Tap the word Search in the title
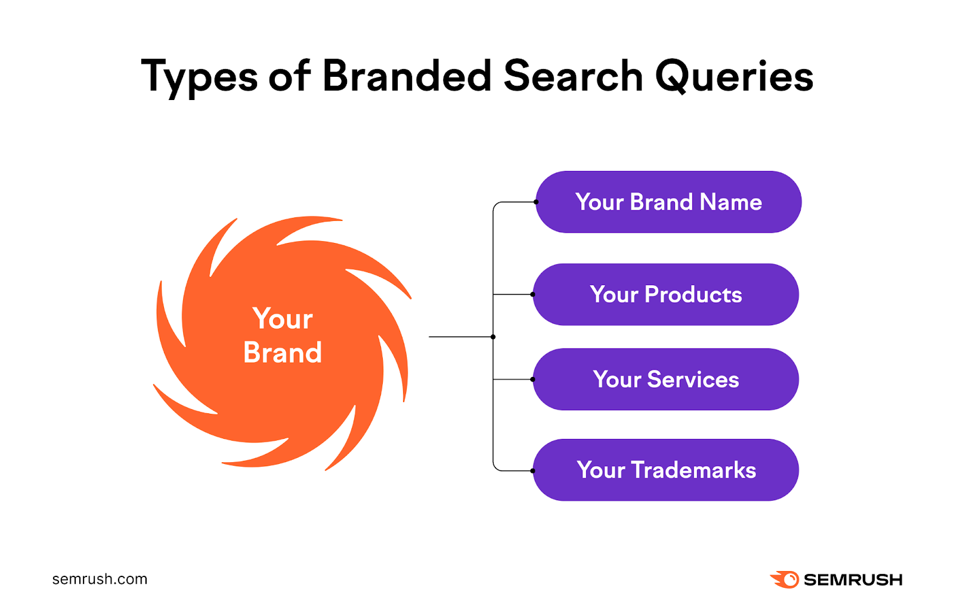click(x=573, y=76)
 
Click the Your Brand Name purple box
click(x=668, y=202)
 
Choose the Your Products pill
click(x=665, y=294)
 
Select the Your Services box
click(x=665, y=379)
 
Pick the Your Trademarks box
click(x=665, y=470)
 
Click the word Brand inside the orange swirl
click(x=283, y=353)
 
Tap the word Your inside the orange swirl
click(x=283, y=319)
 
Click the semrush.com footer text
click(x=100, y=579)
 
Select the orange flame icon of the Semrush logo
click(x=785, y=579)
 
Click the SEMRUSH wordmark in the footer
click(x=853, y=579)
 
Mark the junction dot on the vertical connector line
click(x=493, y=337)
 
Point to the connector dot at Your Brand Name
click(x=536, y=202)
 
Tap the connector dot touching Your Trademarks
click(x=532, y=470)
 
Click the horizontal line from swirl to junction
click(x=459, y=337)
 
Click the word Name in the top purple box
click(x=731, y=202)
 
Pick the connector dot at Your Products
click(x=532, y=294)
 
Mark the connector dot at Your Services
click(x=532, y=379)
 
